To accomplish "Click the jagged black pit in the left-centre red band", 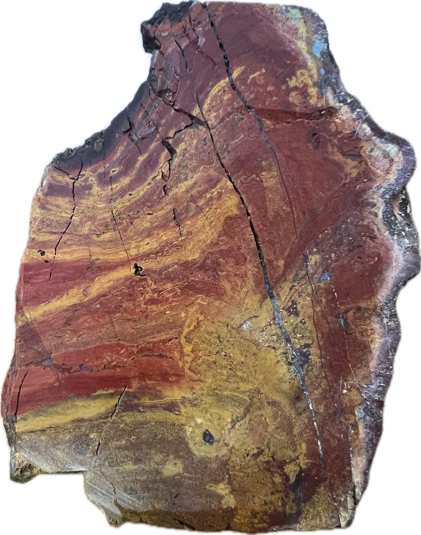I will (x=137, y=270).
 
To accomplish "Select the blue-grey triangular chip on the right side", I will (x=324, y=277).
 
